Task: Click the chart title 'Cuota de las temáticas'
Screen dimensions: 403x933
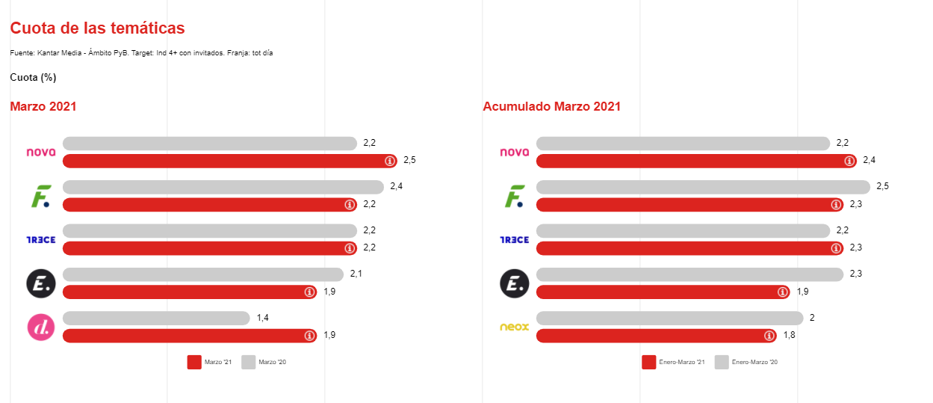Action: [97, 28]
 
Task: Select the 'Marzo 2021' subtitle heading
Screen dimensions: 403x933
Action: [43, 106]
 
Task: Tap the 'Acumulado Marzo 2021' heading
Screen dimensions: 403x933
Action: [551, 106]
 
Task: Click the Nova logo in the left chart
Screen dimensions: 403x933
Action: [41, 152]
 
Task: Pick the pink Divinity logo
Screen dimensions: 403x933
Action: [41, 327]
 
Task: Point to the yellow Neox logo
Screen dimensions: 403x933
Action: [514, 327]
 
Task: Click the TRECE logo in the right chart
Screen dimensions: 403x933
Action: [514, 239]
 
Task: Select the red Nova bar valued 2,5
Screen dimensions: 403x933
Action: [224, 161]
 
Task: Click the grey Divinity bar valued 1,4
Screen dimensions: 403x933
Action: [156, 319]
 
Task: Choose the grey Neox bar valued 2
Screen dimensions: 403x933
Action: [669, 319]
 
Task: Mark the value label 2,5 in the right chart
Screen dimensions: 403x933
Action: [883, 186]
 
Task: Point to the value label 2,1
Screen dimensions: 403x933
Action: [356, 274]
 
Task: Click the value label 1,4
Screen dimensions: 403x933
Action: [263, 318]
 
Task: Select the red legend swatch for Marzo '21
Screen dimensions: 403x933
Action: [194, 362]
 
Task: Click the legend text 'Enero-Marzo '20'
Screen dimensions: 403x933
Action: [754, 362]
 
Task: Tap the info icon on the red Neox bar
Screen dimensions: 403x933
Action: [769, 336]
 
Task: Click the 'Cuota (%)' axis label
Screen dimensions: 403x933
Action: [33, 77]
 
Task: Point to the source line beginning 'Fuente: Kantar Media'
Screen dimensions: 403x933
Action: [141, 53]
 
